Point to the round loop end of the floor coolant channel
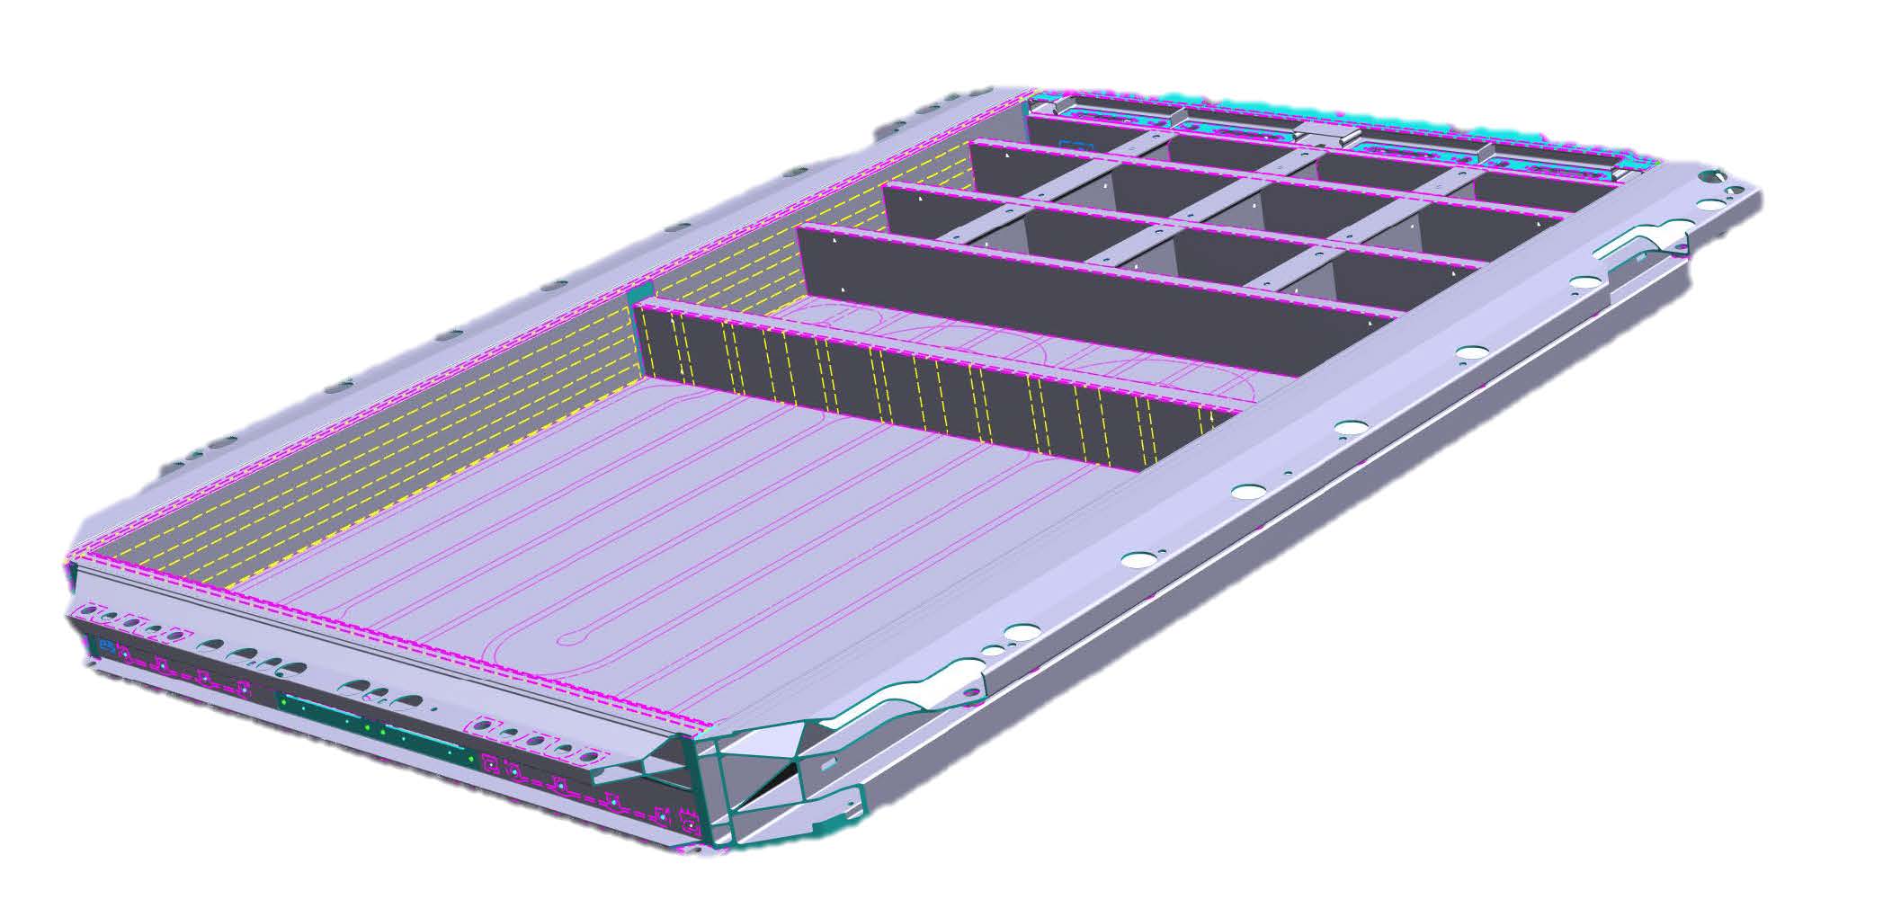pos(566,641)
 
